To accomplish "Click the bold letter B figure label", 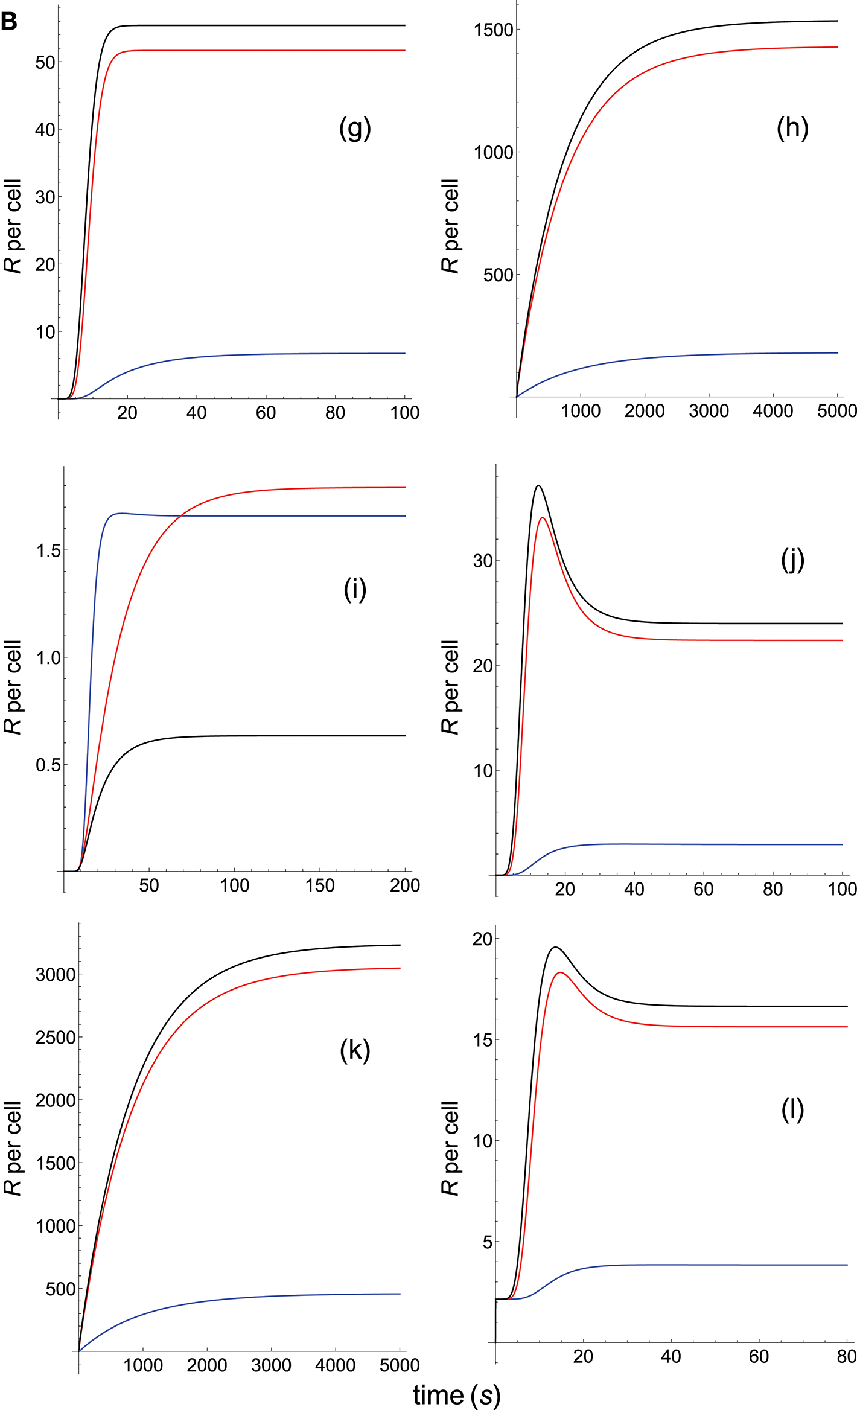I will coord(9,22).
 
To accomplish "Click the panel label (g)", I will coord(355,128).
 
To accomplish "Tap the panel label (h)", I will coord(792,128).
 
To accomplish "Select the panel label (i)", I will coord(355,589).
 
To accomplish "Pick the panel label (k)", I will coord(355,1050).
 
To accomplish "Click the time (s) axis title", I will coord(457,1394).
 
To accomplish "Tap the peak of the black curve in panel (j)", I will coord(538,485).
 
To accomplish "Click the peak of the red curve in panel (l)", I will coord(561,972).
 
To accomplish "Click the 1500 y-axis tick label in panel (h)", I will coord(493,30).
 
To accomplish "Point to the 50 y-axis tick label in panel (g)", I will coord(45,62).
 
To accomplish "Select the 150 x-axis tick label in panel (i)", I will coord(320,885).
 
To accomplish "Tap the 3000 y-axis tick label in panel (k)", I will coord(56,974).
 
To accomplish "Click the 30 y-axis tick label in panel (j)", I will coord(483,560).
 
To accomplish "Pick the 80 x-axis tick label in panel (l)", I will coord(846,1356).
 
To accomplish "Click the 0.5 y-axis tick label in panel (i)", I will coord(48,765).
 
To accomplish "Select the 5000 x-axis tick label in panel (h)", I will coord(836,411).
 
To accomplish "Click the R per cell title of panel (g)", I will coord(13,226).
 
